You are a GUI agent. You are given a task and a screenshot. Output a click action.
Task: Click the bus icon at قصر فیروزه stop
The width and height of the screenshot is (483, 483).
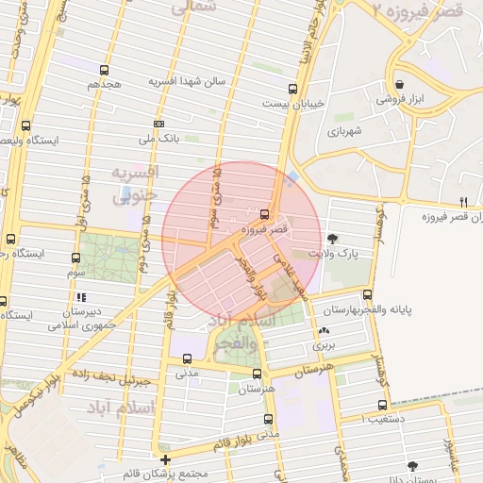click(263, 213)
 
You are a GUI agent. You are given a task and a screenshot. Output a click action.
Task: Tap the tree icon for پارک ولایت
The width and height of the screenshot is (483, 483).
click(332, 238)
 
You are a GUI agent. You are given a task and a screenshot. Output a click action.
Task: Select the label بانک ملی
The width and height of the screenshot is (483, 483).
click(159, 140)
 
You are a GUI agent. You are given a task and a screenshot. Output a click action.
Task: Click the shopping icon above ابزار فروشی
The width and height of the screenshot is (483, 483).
click(399, 83)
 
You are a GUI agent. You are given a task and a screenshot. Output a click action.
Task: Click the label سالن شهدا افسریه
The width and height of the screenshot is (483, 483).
click(188, 81)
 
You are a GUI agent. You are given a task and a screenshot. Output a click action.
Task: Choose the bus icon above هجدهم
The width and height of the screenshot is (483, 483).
click(105, 69)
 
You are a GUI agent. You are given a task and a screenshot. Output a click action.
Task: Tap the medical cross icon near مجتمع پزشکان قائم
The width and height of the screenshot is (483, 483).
click(165, 459)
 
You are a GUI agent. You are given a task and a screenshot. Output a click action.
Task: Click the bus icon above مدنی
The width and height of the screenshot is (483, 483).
click(187, 358)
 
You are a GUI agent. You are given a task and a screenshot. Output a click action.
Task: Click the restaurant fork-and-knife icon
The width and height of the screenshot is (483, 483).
click(462, 202)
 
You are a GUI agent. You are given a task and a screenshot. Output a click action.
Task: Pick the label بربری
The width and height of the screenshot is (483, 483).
click(325, 346)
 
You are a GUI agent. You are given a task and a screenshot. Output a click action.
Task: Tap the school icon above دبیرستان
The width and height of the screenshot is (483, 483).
click(82, 297)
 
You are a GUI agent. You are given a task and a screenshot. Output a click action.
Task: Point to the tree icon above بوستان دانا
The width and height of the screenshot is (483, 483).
click(412, 465)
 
